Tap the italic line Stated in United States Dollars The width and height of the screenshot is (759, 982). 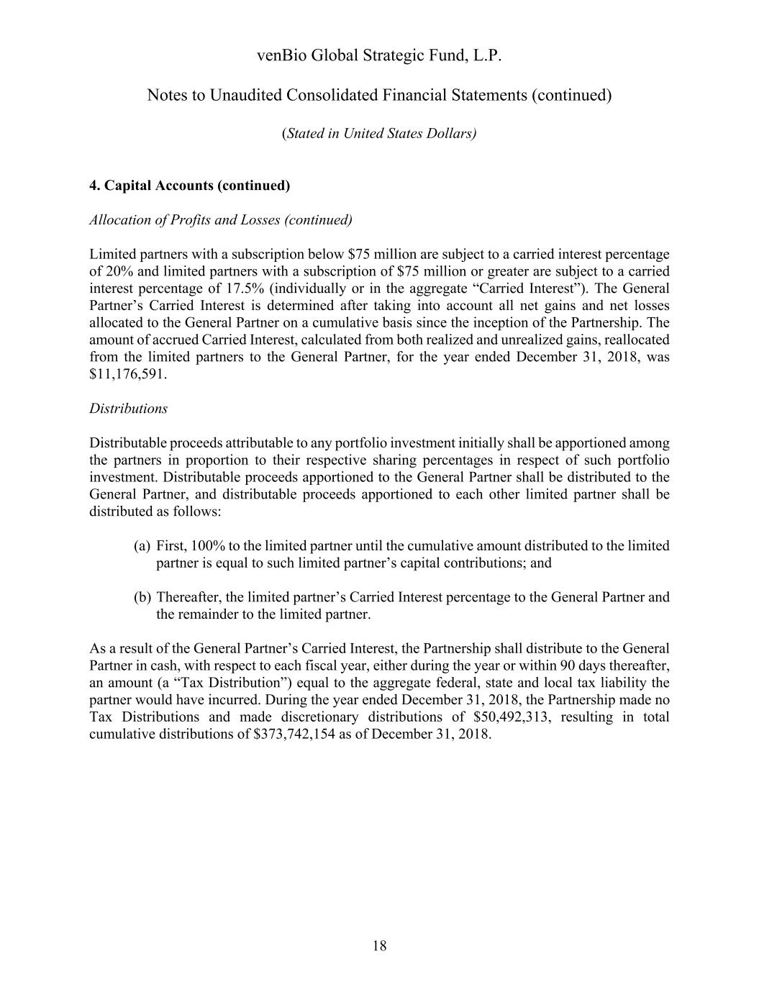point(379,133)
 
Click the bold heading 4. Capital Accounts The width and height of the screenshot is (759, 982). point(189,186)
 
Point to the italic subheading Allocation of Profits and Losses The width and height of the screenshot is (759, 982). point(221,219)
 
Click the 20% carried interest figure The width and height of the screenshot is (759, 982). point(119,271)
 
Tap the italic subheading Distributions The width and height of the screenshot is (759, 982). point(128,409)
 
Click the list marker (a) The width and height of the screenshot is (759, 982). point(142,545)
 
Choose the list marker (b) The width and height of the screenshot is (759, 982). point(142,597)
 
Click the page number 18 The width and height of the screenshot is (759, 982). point(379,946)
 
